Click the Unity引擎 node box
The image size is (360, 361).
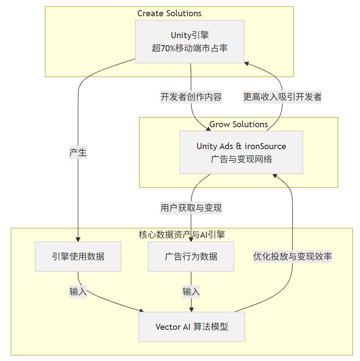pos(189,42)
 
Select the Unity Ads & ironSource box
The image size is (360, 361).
pos(241,152)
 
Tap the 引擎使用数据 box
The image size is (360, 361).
pos(78,257)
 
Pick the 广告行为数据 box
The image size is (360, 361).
pos(191,257)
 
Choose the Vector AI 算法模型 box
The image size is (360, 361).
pos(191,327)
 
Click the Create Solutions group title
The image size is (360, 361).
pos(169,14)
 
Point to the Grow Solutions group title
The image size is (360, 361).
pos(238,124)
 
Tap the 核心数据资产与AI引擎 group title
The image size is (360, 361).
pos(182,235)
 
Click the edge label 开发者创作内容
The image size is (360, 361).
pos(191,97)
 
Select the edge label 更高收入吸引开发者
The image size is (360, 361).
pos(282,97)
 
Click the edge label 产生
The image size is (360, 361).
pos(78,153)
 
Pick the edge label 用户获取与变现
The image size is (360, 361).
pos(191,207)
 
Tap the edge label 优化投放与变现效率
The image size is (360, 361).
pos(292,257)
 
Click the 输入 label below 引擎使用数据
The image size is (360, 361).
pos(78,291)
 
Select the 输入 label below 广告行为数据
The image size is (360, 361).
pos(191,291)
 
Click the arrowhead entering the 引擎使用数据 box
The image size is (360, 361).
pos(78,239)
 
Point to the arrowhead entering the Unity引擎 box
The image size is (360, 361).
pos(247,63)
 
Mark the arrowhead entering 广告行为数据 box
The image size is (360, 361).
pos(191,239)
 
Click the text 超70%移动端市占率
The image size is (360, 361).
pos(190,48)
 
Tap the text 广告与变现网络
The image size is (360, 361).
pos(241,159)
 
